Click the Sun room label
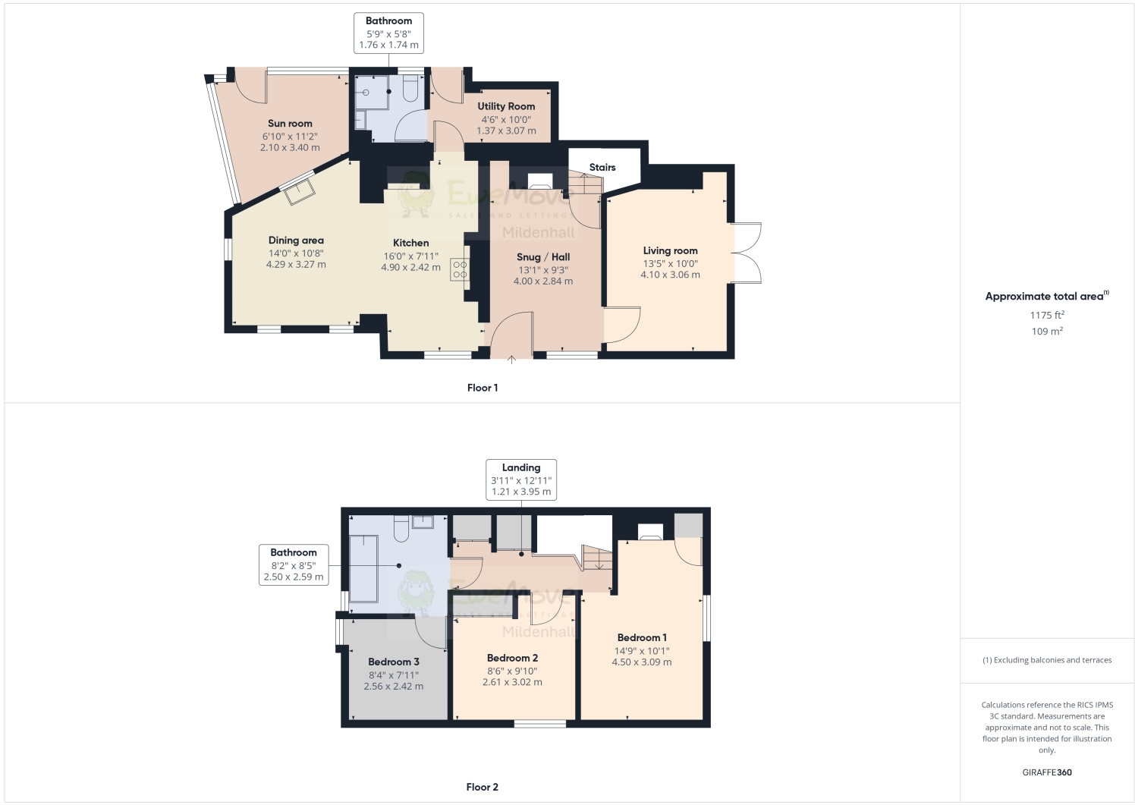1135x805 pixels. [290, 124]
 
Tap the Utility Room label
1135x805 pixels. [506, 106]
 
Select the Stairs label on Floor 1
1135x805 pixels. [602, 168]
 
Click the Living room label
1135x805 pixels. [670, 250]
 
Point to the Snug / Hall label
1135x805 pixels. [543, 257]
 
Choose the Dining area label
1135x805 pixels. [296, 241]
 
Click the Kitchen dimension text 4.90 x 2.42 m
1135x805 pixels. [410, 267]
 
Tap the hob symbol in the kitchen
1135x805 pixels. [460, 269]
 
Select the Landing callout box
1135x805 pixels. [521, 480]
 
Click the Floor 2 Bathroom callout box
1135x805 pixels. [294, 564]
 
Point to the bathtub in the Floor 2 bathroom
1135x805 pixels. [363, 569]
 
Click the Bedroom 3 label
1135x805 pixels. [394, 662]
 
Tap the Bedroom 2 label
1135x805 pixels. [512, 658]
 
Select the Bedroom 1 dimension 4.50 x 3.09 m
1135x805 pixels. [641, 662]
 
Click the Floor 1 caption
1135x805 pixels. [483, 388]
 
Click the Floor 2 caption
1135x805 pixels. [483, 787]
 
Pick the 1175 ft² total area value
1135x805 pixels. [1047, 315]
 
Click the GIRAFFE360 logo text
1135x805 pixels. [1047, 772]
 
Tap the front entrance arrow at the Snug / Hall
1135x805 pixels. [511, 360]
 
